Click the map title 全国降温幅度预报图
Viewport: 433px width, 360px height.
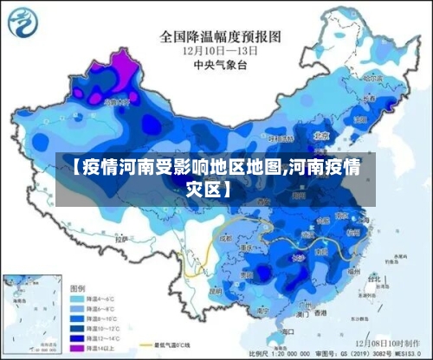tap(220, 36)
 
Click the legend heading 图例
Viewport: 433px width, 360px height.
tap(77, 287)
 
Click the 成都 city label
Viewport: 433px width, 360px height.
tap(228, 235)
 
